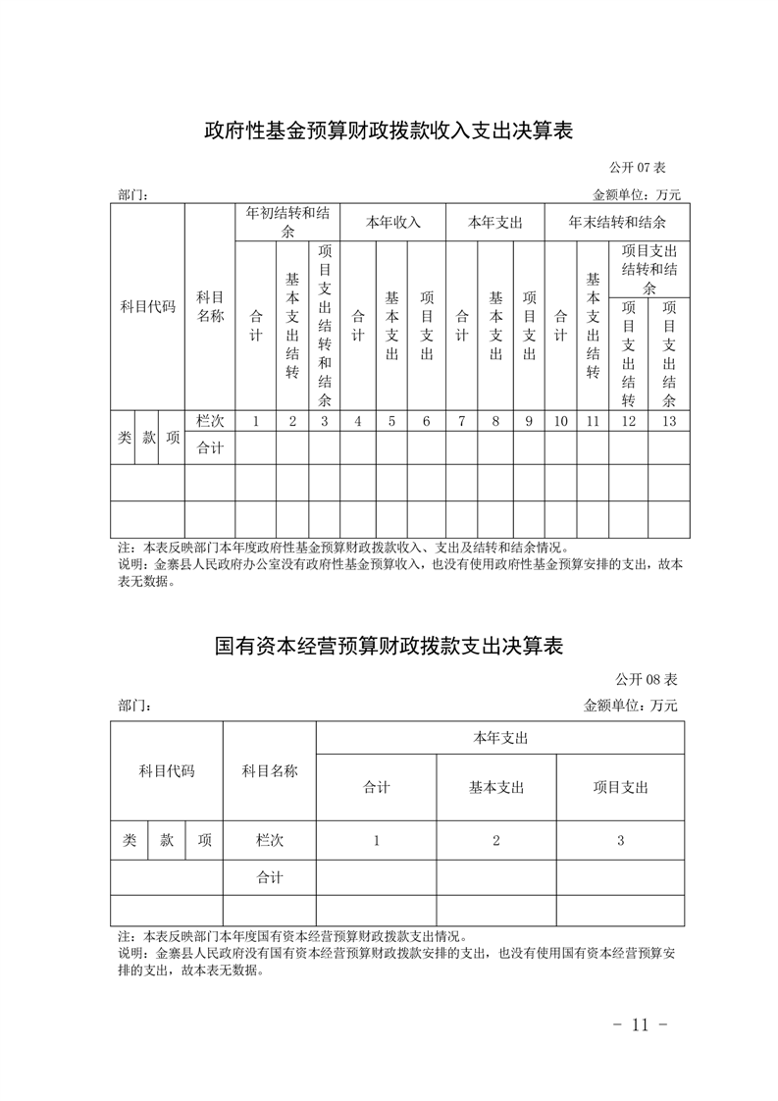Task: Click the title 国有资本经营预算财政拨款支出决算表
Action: pyautogui.click(x=389, y=647)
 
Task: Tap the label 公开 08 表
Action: pyautogui.click(x=648, y=678)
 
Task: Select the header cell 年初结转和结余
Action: pyautogui.click(x=287, y=222)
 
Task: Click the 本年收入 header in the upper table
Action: pyautogui.click(x=393, y=222)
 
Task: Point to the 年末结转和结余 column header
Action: pyautogui.click(x=617, y=222)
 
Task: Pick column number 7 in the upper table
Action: pyautogui.click(x=461, y=421)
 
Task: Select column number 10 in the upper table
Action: pyautogui.click(x=560, y=421)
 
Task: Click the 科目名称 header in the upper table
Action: pyautogui.click(x=210, y=306)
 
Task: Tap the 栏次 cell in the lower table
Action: pyautogui.click(x=269, y=840)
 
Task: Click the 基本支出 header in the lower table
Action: pyautogui.click(x=496, y=787)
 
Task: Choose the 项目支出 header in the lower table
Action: pyautogui.click(x=620, y=787)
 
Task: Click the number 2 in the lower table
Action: pyautogui.click(x=496, y=840)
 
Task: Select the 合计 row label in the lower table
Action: pyautogui.click(x=269, y=877)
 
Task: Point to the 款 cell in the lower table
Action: pyautogui.click(x=167, y=840)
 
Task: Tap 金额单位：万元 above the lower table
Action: pyautogui.click(x=631, y=705)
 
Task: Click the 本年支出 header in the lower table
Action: pyautogui.click(x=500, y=738)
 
